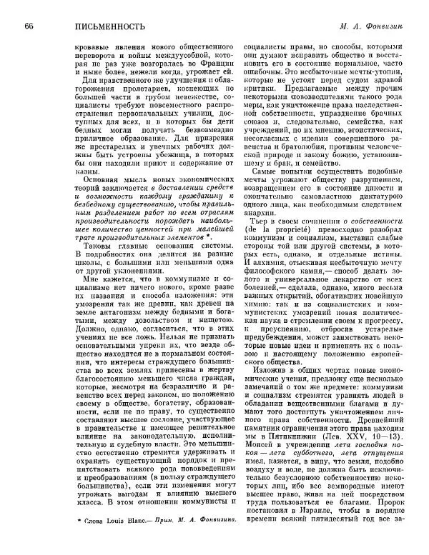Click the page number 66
29,26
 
